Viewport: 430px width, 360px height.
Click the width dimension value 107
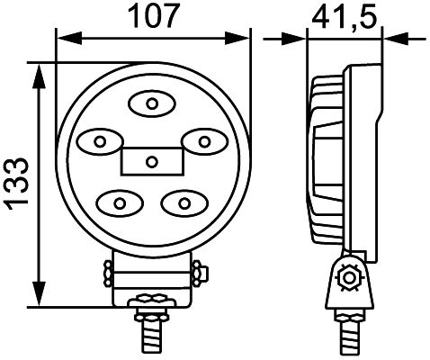(151, 15)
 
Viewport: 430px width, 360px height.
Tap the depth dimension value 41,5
(342, 15)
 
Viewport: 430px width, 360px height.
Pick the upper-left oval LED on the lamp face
(99, 140)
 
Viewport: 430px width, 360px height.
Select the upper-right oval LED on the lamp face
(204, 141)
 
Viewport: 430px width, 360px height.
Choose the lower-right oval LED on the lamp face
(184, 201)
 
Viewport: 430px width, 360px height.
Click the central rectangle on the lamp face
(151, 162)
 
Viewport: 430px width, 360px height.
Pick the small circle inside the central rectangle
(151, 162)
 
